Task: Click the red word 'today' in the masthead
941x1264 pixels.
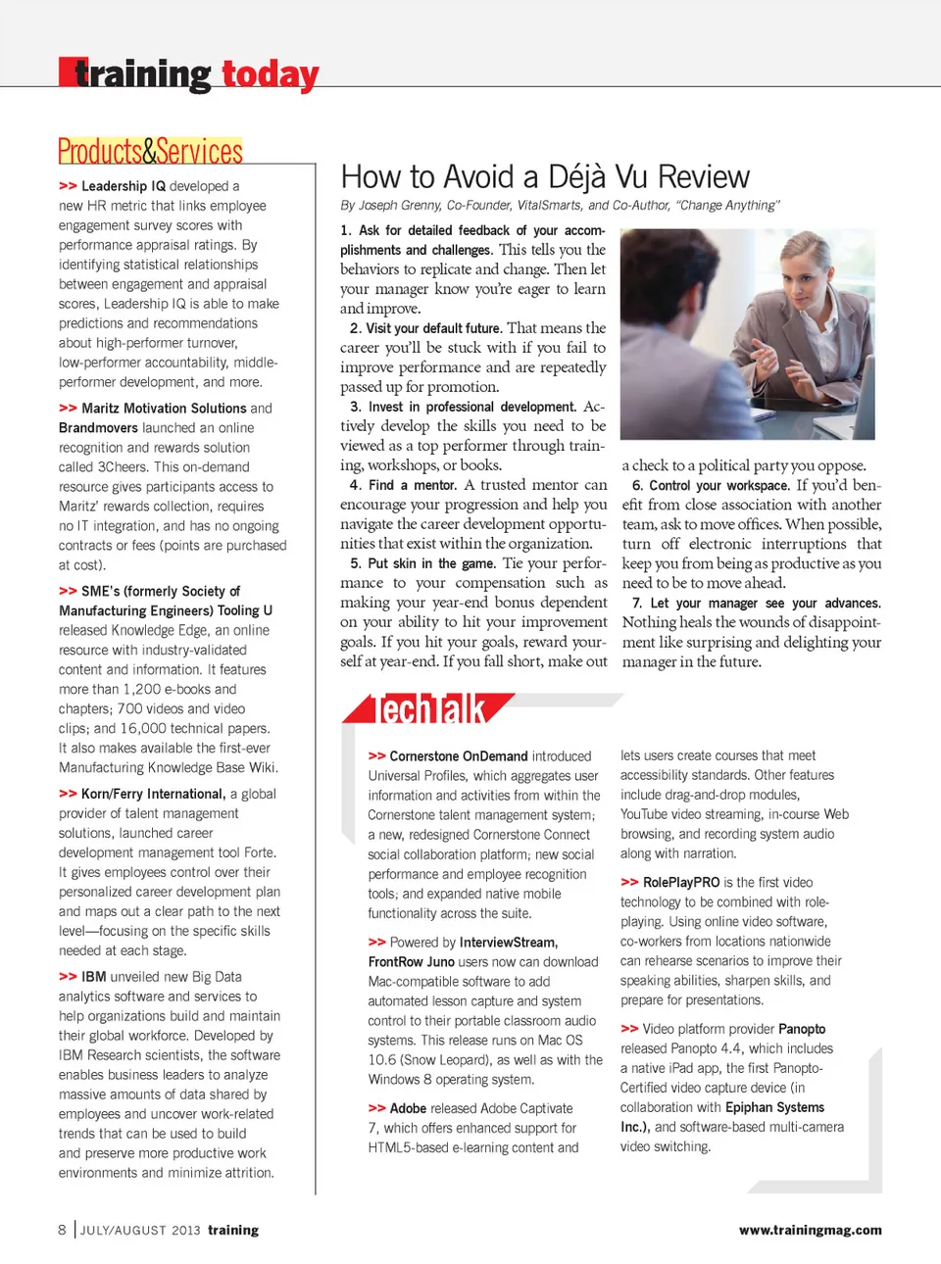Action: (270, 74)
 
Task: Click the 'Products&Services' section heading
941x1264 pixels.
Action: (150, 152)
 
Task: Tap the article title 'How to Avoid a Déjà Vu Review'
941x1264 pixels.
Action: (545, 177)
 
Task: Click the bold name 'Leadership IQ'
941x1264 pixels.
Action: (124, 186)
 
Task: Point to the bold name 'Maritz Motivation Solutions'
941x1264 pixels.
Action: (164, 409)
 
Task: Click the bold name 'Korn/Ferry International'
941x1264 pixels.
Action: (153, 795)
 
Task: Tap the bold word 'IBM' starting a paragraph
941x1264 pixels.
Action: (94, 977)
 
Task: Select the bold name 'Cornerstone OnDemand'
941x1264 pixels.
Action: (460, 756)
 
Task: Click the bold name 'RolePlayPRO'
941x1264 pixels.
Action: (681, 883)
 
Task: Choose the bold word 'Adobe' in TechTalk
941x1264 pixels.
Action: (408, 1109)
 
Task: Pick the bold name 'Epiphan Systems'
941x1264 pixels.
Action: (774, 1108)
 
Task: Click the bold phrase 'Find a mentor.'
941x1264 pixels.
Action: (413, 485)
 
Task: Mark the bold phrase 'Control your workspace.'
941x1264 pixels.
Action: (718, 486)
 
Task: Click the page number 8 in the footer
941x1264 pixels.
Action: (63, 1230)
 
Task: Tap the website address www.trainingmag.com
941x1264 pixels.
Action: (810, 1231)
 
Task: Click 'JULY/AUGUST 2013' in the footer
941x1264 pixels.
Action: (140, 1231)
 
